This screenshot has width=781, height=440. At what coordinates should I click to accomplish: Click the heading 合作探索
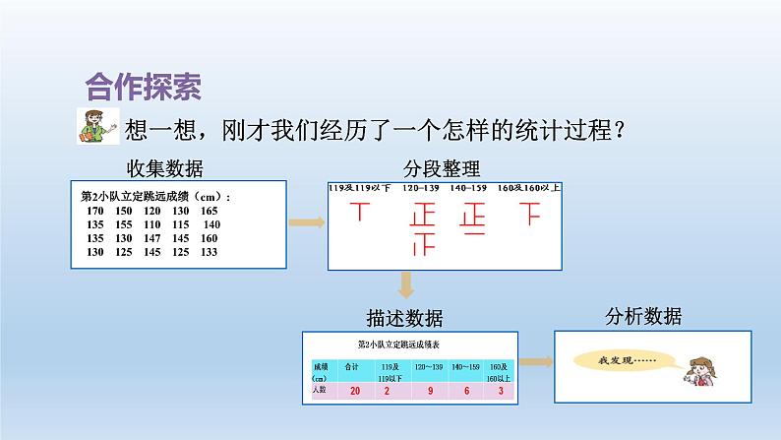click(x=145, y=87)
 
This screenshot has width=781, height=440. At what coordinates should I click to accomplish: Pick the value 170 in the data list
click(x=96, y=211)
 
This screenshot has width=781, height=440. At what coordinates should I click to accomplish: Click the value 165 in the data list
click(x=209, y=211)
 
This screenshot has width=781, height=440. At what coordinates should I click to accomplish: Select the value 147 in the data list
click(x=152, y=238)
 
